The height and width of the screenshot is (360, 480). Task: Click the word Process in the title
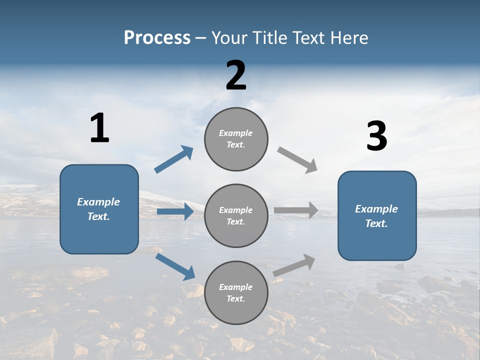coord(157,38)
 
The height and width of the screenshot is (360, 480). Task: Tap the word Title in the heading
coord(268,38)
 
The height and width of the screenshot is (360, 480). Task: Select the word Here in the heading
coord(348,38)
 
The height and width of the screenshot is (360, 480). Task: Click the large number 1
coord(99,128)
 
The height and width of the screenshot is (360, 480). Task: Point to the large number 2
coord(236,75)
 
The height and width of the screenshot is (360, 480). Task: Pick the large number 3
coord(376,136)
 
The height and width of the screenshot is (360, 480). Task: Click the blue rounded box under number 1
coord(99,209)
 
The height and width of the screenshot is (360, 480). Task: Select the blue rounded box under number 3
coord(377,216)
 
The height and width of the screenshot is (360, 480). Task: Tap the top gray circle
coord(236,139)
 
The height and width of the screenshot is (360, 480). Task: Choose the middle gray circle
coord(236,215)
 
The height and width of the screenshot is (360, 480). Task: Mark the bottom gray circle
coord(236,292)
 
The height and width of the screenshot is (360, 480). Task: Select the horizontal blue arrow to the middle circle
coord(175,211)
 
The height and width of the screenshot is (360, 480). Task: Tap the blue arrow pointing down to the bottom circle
coord(175,266)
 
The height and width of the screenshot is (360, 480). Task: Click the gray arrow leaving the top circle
coord(297,160)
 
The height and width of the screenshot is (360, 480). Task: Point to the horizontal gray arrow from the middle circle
coord(296,210)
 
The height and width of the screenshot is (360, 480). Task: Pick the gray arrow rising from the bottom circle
coord(294,265)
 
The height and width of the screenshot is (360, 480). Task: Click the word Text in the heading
coord(307,38)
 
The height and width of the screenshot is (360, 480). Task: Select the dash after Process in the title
coord(200,38)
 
